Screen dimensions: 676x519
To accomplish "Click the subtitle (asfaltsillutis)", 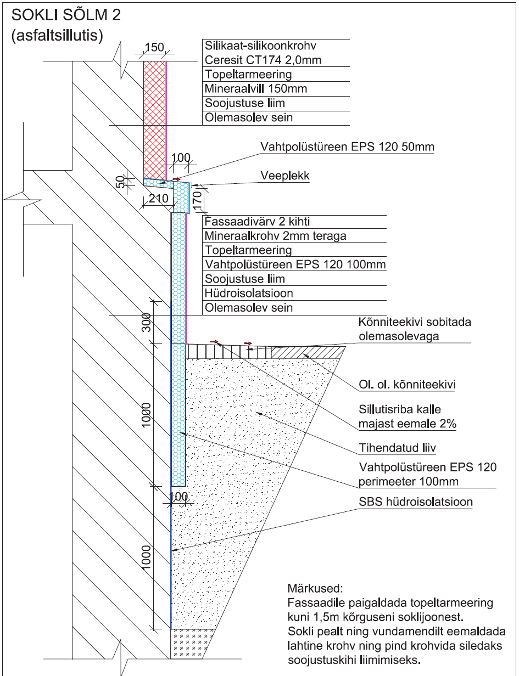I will [x=57, y=36].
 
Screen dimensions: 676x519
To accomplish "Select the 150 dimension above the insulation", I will [x=154, y=48].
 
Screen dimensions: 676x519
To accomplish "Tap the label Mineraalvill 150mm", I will [x=248, y=88].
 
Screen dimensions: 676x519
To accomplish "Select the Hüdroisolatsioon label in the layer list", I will [x=248, y=294].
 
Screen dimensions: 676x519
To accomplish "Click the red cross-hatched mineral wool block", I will [x=154, y=118].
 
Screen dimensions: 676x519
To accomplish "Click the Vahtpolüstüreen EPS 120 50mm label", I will [x=348, y=147].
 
